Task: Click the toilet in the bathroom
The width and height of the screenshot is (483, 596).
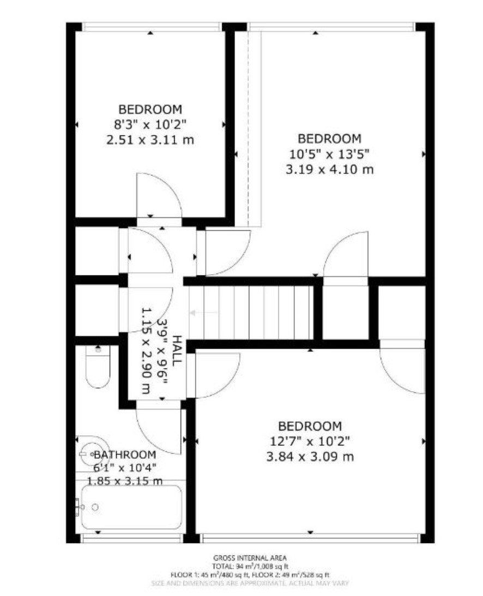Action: [x=98, y=367]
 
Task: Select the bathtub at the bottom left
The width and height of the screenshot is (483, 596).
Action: [x=131, y=507]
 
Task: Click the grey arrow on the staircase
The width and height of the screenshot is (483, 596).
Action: [x=203, y=313]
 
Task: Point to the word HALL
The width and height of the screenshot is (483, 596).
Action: [x=176, y=351]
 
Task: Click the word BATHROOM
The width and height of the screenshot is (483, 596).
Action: [x=125, y=454]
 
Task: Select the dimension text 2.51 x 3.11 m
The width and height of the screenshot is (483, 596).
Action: [x=150, y=140]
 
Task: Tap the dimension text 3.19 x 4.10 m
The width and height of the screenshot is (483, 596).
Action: [x=329, y=169]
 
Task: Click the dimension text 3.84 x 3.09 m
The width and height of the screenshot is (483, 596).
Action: [x=310, y=456]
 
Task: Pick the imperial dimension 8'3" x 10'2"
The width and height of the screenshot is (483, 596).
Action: [x=150, y=124]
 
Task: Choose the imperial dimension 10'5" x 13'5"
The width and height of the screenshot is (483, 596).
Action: [x=329, y=154]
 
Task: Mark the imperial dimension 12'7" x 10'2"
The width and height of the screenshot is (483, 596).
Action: [x=310, y=441]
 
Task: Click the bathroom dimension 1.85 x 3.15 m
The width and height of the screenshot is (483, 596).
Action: [x=125, y=481]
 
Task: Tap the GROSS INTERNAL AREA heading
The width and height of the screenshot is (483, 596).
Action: [x=250, y=558]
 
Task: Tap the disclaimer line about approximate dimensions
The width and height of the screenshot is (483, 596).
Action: [x=250, y=583]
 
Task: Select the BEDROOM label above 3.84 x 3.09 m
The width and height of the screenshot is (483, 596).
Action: [x=310, y=426]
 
